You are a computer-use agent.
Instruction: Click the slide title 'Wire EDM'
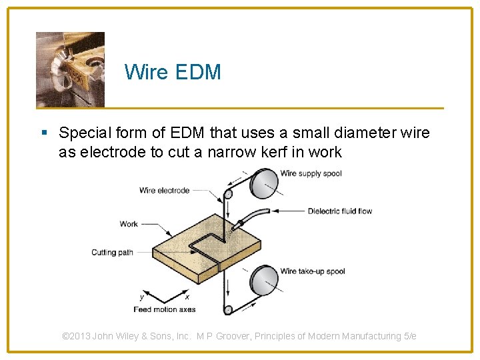point(172,72)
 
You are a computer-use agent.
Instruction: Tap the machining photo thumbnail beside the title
point(70,69)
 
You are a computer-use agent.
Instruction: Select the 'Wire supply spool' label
point(311,173)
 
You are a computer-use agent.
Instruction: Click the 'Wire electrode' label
point(164,191)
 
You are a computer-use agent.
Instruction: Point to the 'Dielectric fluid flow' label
point(339,211)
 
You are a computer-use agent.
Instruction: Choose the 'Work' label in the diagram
point(129,224)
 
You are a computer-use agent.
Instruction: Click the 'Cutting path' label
point(112,253)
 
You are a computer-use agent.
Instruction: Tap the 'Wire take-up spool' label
point(313,271)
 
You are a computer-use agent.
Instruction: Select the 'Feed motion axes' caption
point(164,309)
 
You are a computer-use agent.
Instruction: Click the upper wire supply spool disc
point(264,183)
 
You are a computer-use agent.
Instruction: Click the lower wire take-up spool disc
point(264,279)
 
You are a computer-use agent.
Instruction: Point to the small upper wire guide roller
point(228,195)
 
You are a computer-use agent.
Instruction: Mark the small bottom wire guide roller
point(228,309)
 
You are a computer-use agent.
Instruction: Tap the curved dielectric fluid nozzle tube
point(252,215)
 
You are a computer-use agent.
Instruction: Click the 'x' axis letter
point(187,297)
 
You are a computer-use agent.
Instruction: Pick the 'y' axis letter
point(141,297)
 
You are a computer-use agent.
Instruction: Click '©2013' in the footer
point(76,336)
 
